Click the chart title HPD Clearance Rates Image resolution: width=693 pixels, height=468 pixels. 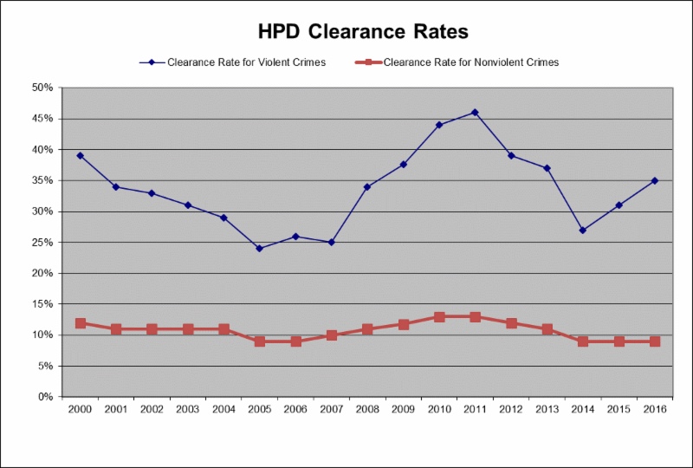coord(363,32)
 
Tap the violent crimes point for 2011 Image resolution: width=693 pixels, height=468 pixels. coord(475,113)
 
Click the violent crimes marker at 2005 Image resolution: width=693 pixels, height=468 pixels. coord(259,249)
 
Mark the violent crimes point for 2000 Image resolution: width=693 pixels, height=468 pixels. coord(80,156)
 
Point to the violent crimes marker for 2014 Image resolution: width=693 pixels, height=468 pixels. coord(583,231)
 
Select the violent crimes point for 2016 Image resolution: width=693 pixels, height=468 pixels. coord(655,180)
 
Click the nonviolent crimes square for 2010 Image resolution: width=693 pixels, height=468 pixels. coord(439,317)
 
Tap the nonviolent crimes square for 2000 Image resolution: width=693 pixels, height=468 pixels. coord(80,323)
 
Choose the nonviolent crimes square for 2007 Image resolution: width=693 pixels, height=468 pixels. coord(331,335)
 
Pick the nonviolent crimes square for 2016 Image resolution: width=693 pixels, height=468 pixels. coord(655,341)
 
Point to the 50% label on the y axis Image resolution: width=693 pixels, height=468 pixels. coord(42,88)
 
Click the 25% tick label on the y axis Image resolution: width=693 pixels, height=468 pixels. coord(42,243)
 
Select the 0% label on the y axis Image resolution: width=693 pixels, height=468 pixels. coord(45,397)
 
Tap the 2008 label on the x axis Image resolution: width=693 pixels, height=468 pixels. coord(367,410)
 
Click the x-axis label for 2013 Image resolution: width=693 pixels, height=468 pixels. coord(547,410)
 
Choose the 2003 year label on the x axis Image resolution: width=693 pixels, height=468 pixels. coord(187,410)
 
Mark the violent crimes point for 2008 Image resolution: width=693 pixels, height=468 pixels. coord(367,187)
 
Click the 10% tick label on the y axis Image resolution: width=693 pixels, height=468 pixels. coord(42,335)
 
